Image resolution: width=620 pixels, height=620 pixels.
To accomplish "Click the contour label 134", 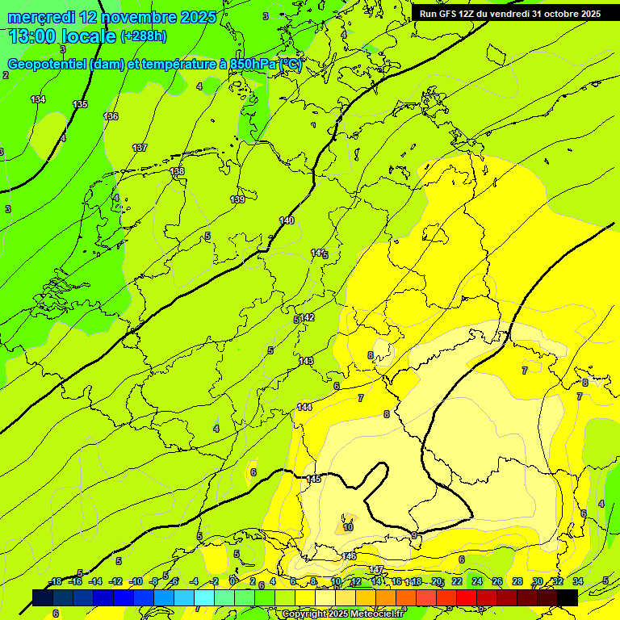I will click(38, 99).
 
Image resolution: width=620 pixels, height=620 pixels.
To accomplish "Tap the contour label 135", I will click(80, 105).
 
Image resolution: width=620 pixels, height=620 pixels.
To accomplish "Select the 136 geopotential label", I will click(111, 116).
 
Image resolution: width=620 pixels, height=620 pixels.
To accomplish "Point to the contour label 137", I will click(140, 148).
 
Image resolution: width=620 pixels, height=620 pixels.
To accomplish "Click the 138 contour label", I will click(177, 171).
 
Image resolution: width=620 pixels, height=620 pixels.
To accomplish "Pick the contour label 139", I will click(237, 199).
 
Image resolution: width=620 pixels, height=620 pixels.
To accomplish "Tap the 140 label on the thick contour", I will click(287, 220).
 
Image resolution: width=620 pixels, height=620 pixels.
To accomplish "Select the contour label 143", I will click(306, 361).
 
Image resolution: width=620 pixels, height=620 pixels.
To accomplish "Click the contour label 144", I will click(304, 407).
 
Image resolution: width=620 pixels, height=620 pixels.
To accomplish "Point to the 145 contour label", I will click(314, 480).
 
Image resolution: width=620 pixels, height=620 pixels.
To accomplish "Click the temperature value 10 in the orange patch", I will click(348, 527).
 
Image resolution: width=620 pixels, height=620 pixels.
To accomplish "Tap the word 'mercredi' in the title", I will click(40, 17).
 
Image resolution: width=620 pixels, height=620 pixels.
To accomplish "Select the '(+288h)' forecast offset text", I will click(144, 36).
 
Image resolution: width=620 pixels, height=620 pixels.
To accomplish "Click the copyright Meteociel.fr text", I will click(342, 614).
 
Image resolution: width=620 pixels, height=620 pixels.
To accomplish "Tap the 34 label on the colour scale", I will click(578, 581).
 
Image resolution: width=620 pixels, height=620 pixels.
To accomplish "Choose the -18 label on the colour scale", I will click(56, 581).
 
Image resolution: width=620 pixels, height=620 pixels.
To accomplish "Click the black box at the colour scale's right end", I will click(568, 597).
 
